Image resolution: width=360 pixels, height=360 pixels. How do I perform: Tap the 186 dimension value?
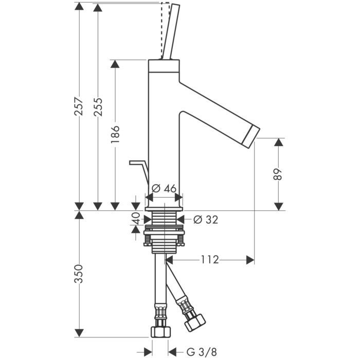(115, 135)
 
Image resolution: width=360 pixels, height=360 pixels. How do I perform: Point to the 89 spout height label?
(278, 174)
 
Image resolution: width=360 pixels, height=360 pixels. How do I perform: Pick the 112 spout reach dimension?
(210, 260)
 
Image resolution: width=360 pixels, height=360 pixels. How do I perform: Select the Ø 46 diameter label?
(164, 188)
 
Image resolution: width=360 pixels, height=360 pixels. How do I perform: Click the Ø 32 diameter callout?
(206, 220)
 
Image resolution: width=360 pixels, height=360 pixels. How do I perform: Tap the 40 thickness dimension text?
(136, 219)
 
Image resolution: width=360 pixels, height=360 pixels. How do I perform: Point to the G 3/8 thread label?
(197, 352)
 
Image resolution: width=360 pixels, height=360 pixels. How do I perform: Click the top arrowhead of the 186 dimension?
(115, 64)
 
